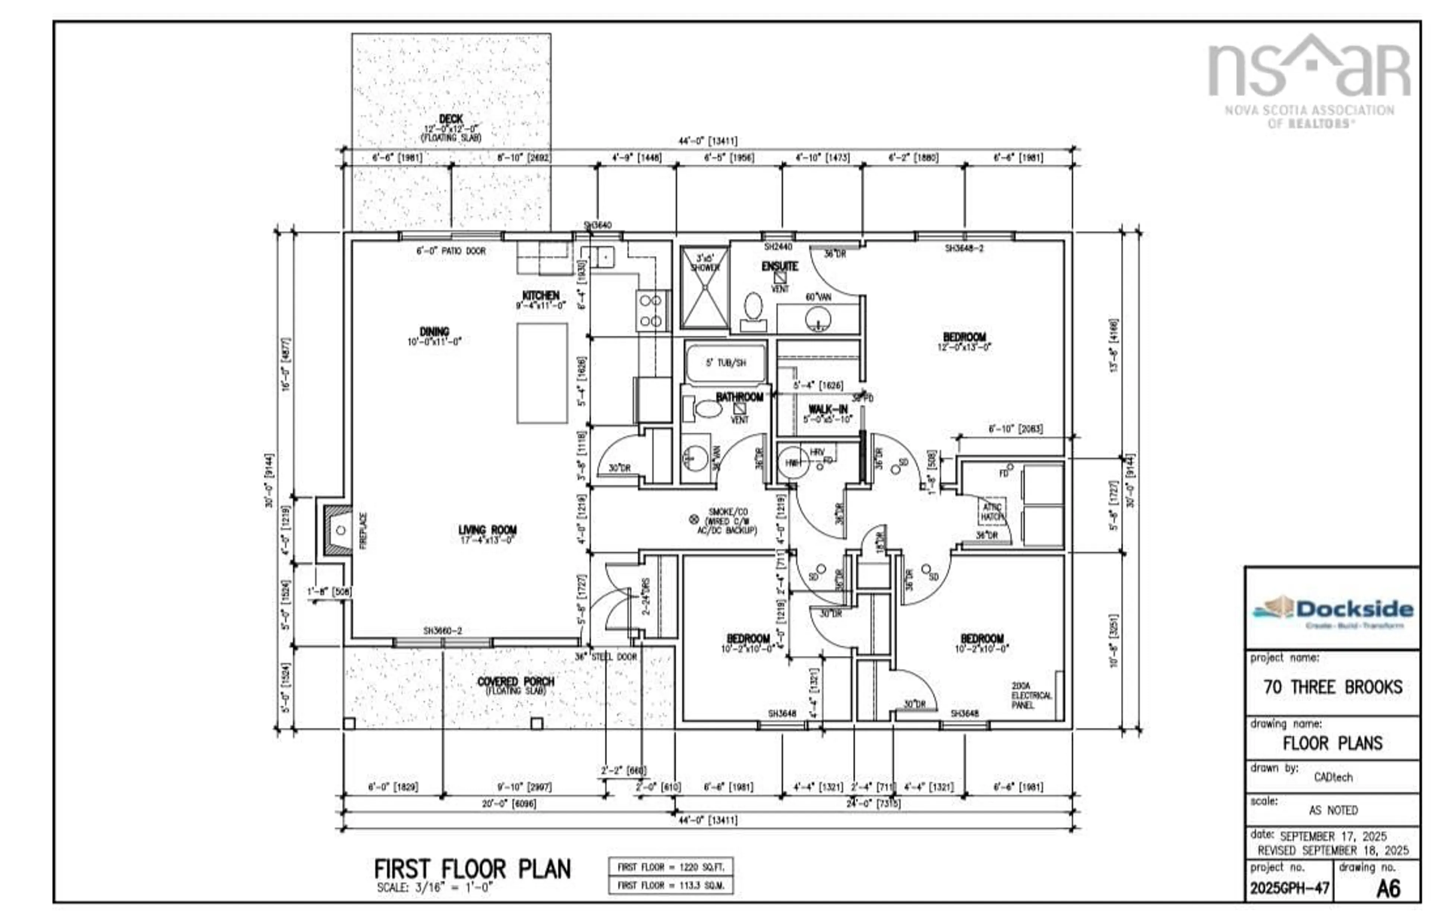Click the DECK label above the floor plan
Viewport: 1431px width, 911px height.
click(451, 119)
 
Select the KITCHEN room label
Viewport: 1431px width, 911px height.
click(540, 295)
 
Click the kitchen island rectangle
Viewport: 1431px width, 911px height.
click(541, 373)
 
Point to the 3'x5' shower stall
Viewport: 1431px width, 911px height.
click(704, 288)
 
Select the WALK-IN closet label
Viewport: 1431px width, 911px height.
click(828, 409)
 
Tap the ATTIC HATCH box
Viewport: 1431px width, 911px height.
click(992, 511)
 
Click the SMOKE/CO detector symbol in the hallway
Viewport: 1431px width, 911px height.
click(693, 519)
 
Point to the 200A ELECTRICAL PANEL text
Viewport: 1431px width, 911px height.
click(1031, 695)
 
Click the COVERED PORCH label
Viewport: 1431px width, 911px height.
click(515, 682)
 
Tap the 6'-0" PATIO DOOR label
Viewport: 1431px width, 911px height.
click(451, 251)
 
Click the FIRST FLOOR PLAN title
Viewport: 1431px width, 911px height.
click(473, 869)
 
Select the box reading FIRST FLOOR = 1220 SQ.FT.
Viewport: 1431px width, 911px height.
click(670, 867)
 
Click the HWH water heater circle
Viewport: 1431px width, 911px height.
click(793, 463)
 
